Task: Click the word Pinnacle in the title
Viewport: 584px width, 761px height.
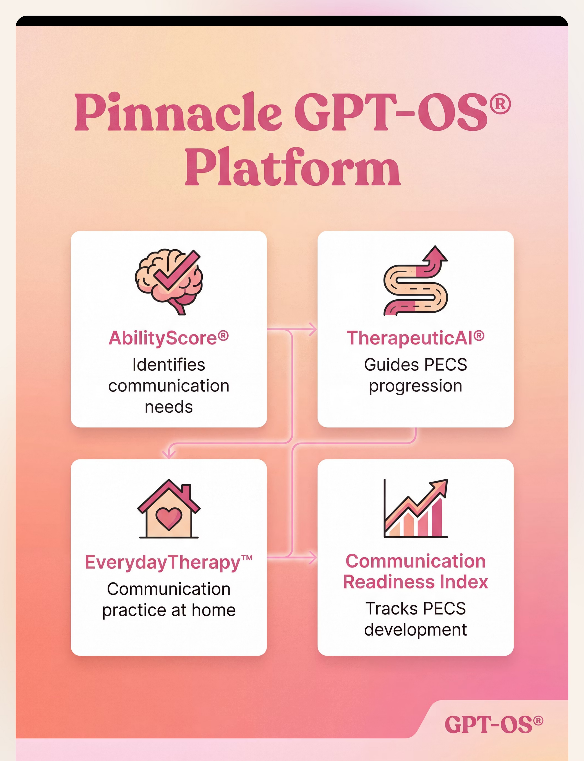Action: (178, 112)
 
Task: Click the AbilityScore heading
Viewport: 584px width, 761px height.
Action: (169, 338)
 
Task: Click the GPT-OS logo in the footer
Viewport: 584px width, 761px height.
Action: (494, 725)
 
